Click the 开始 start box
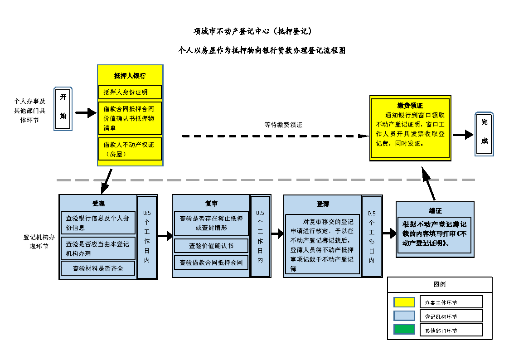[x=63, y=109]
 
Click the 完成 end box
[x=484, y=134]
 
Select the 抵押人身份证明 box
[x=130, y=92]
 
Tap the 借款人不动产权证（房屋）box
[x=130, y=149]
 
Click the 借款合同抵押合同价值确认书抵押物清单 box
[x=130, y=118]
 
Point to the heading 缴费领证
[x=410, y=106]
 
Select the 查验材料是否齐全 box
[x=98, y=268]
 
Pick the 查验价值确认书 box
[x=211, y=246]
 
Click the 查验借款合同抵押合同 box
[x=211, y=263]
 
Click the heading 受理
[x=98, y=204]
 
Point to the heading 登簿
[x=323, y=204]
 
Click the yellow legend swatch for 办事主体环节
[x=404, y=302]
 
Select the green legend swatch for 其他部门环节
[x=404, y=330]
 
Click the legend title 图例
[x=440, y=285]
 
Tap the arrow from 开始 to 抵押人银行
[x=85, y=113]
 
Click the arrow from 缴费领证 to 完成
[x=463, y=135]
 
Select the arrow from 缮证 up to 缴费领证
[x=429, y=184]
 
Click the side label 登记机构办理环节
[x=36, y=241]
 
